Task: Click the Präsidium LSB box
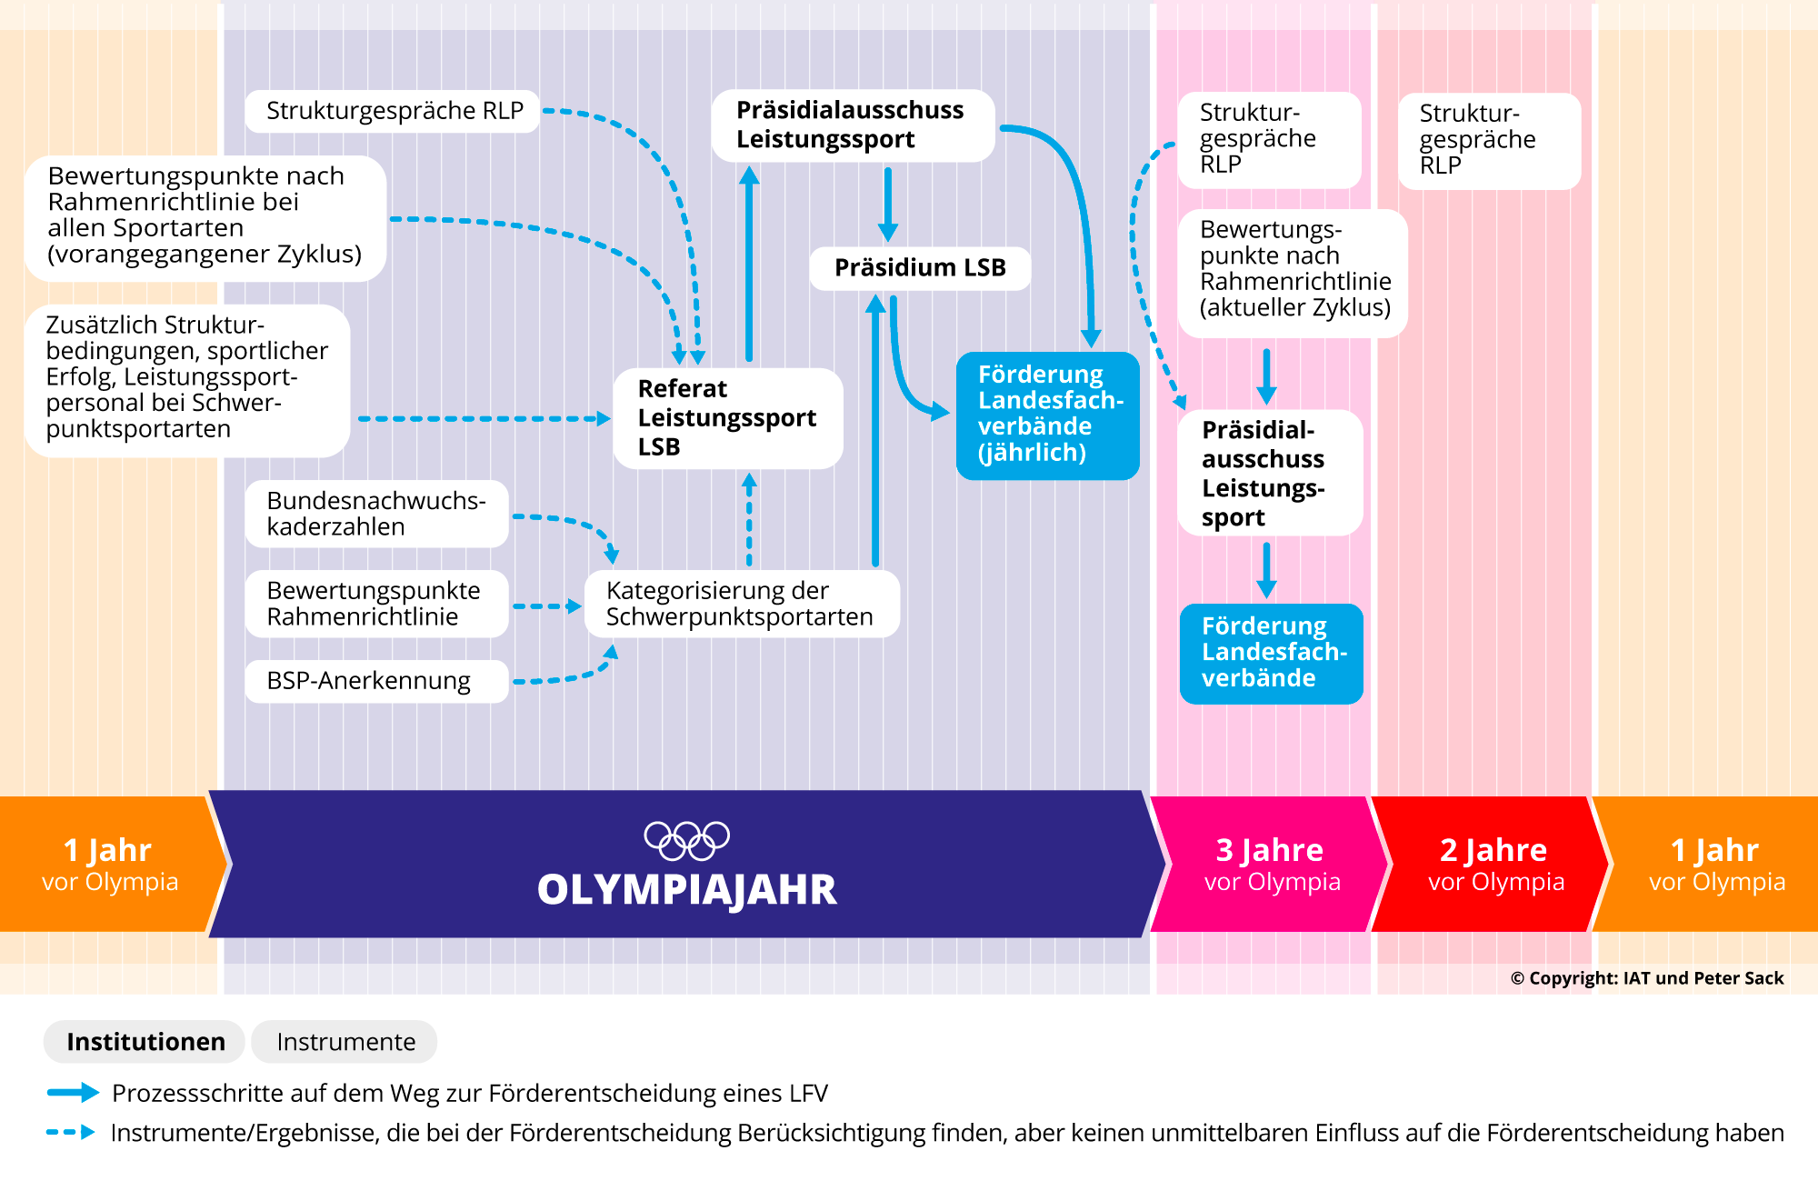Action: [920, 268]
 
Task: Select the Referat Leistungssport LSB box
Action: [727, 418]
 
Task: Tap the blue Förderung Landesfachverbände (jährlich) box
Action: [1047, 415]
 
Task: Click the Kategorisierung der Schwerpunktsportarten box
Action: [741, 604]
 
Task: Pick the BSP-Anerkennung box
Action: [376, 681]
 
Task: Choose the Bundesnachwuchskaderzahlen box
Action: [376, 514]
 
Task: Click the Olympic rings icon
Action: [686, 840]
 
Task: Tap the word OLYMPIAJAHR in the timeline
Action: [686, 890]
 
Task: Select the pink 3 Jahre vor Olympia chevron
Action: [1271, 865]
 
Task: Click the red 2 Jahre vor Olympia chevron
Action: [1494, 865]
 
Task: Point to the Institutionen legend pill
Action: [145, 1042]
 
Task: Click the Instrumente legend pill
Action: [345, 1042]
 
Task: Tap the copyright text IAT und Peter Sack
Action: [1647, 978]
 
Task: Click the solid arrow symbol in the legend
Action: [73, 1093]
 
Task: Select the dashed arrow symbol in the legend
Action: [71, 1133]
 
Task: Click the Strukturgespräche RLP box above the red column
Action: [1489, 141]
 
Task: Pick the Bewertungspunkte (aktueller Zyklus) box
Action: [1293, 270]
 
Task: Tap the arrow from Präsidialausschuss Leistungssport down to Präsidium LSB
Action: [888, 205]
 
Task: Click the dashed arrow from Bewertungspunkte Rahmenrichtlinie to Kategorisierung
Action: [546, 606]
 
